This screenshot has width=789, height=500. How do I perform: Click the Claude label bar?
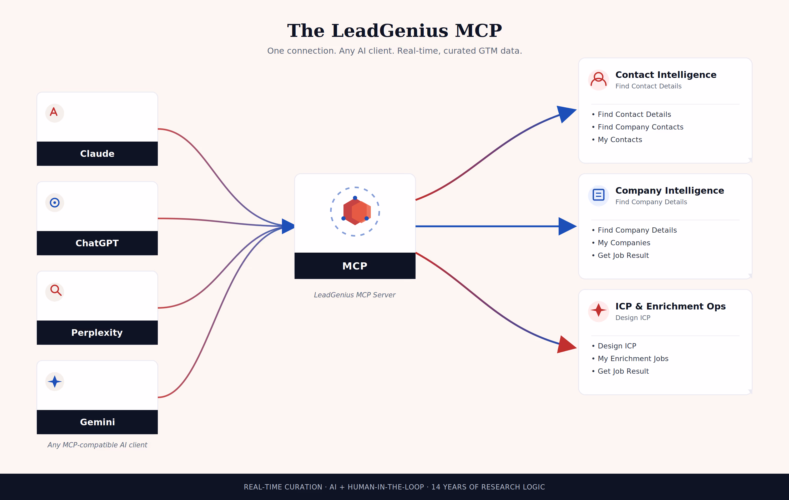[97, 153]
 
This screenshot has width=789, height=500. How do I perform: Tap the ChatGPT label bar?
[97, 243]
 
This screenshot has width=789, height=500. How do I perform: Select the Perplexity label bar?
[97, 332]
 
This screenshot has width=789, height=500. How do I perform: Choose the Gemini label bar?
[97, 422]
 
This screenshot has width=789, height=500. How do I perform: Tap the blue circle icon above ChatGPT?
[55, 203]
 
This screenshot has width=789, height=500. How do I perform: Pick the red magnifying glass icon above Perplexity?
[55, 290]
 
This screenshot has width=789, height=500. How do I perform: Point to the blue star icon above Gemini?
[55, 382]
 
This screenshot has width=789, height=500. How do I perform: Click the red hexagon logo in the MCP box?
[357, 212]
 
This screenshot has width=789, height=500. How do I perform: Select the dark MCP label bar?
[355, 266]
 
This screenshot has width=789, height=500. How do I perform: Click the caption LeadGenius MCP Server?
[355, 295]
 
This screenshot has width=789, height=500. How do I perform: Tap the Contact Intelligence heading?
[666, 75]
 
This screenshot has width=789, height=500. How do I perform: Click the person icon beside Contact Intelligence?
[599, 80]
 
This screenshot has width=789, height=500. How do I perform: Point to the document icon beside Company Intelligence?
[599, 195]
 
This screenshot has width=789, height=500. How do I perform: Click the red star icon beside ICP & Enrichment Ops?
[599, 310]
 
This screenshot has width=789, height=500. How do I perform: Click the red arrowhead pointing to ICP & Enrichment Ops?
[566, 344]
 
